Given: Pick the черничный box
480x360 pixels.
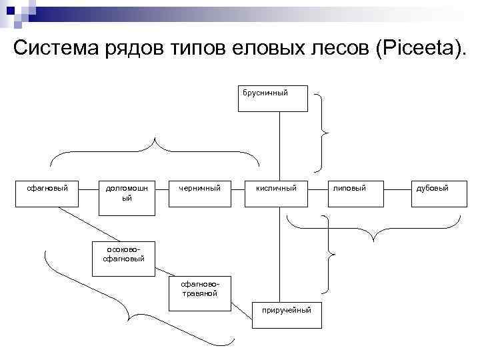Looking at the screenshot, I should click(199, 193).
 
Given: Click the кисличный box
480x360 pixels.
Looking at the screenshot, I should click(277, 193).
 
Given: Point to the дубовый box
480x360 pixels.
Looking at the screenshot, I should click(432, 193).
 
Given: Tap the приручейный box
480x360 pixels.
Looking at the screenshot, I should click(287, 314).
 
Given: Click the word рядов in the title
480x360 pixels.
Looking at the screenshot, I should click(134, 49).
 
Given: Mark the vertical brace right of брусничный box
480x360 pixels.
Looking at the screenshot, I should click(323, 133).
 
